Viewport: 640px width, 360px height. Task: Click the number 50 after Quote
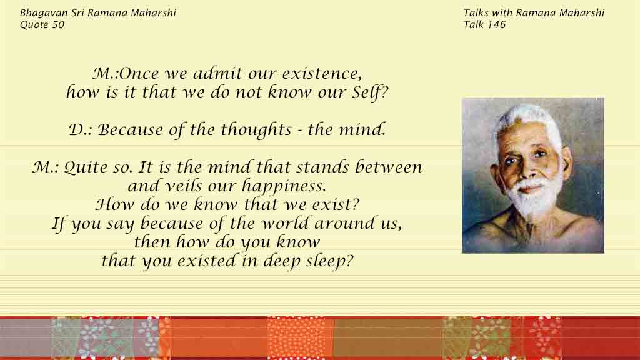pos(58,25)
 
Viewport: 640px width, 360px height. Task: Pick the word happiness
pos(284,186)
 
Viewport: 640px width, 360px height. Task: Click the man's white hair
pos(526,118)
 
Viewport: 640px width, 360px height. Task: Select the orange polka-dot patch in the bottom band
pos(301,338)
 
